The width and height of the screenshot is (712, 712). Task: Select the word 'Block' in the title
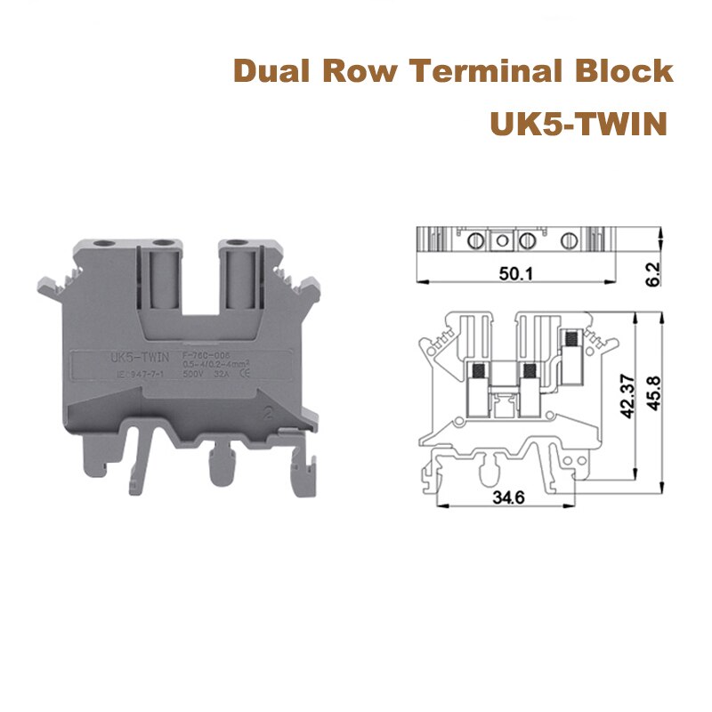[x=630, y=70]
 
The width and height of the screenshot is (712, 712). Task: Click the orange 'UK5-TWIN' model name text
[x=578, y=124]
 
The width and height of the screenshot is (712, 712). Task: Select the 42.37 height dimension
[x=630, y=395]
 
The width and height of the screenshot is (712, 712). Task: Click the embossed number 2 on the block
[x=269, y=412]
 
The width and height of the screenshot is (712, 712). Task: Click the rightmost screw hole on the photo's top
[x=238, y=242]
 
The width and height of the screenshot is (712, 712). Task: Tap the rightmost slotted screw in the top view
[x=568, y=240]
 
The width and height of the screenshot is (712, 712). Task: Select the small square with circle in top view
[x=503, y=240]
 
